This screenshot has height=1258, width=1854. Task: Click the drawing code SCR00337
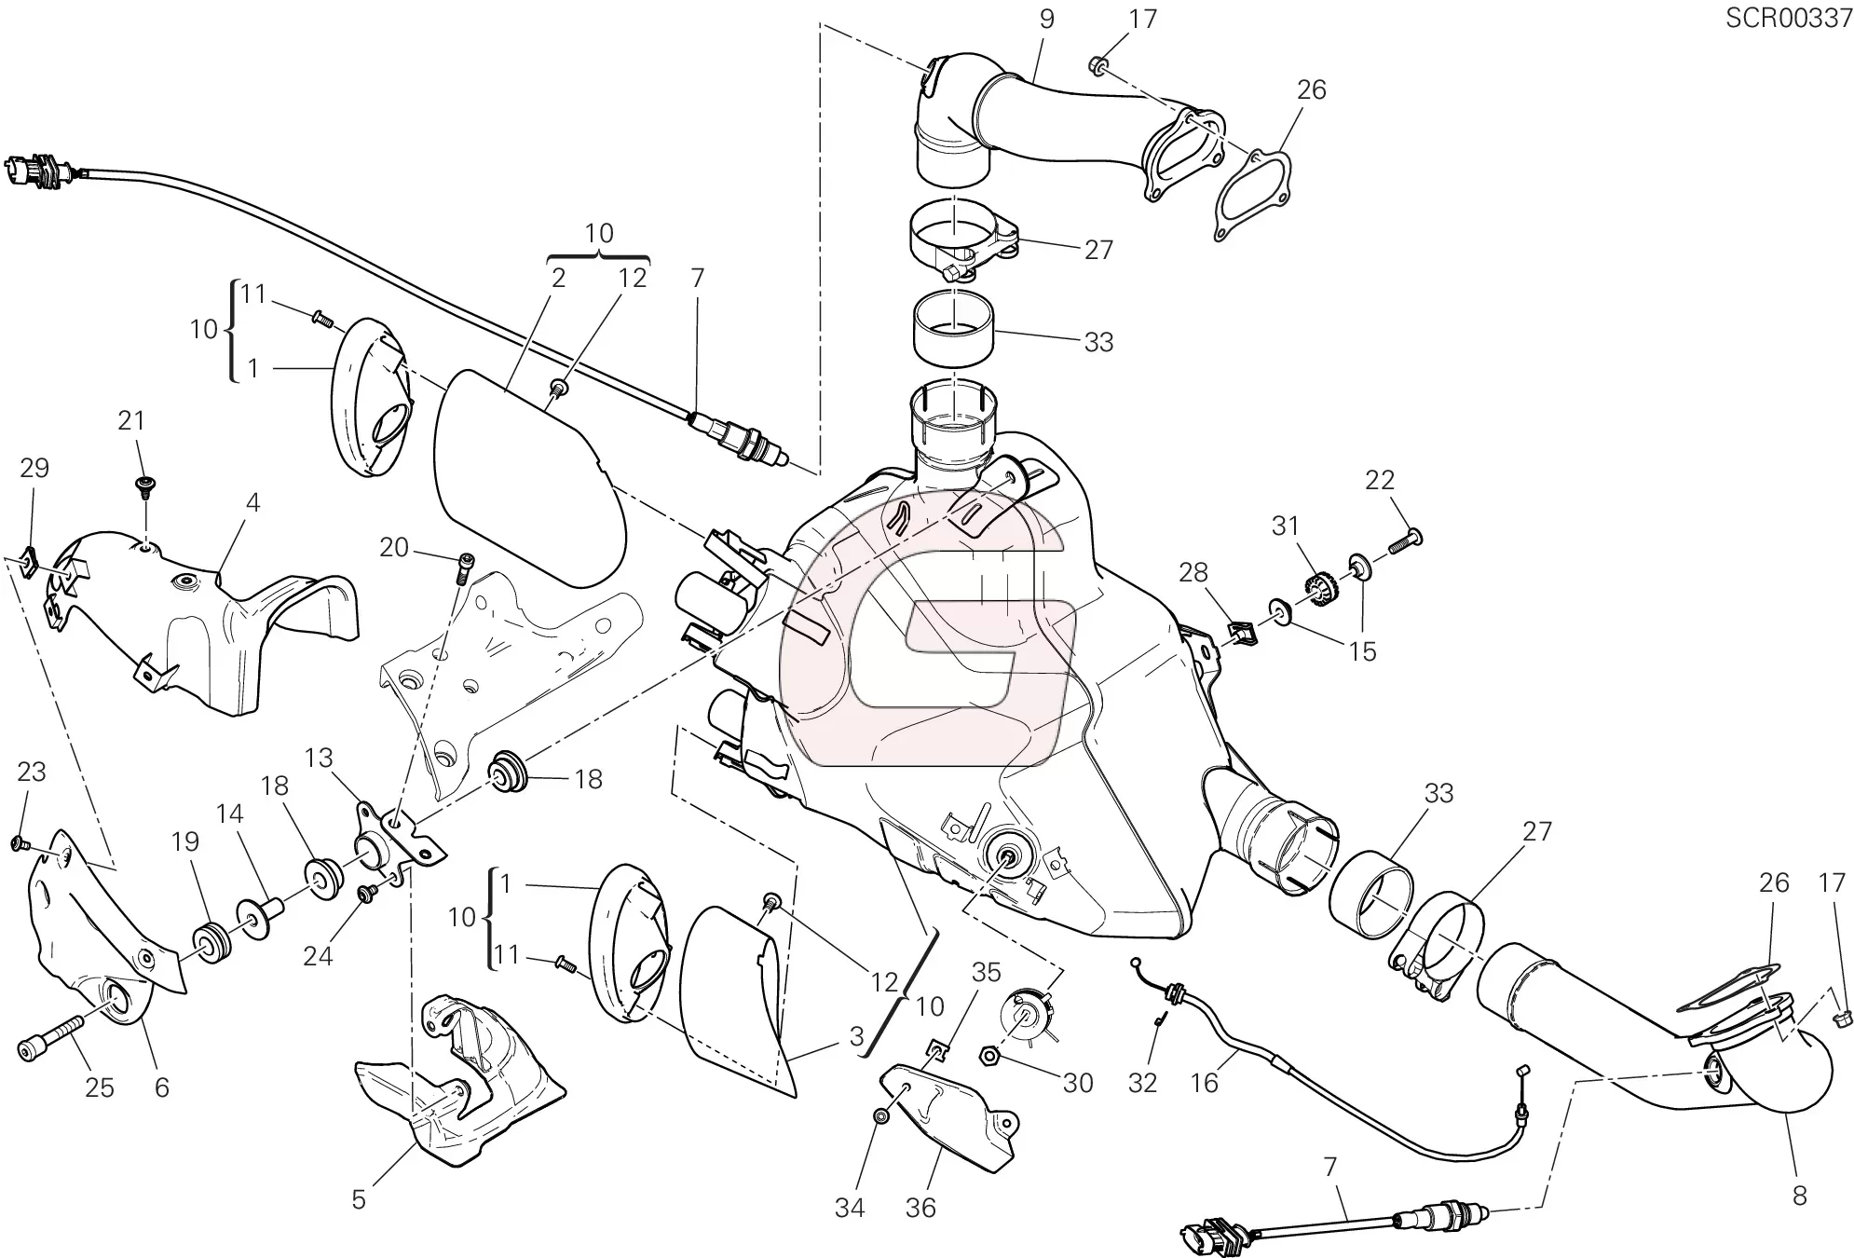coord(1789,19)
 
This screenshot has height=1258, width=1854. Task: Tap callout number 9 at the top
coord(1047,20)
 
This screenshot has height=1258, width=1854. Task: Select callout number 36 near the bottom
coord(920,1208)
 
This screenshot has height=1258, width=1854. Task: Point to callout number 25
coord(100,1087)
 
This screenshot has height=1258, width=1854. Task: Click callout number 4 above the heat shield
coord(252,503)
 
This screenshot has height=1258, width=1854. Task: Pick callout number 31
coord(1286,526)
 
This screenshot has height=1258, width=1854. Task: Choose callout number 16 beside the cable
coord(1205,1083)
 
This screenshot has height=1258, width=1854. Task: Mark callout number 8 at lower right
coord(1799,1196)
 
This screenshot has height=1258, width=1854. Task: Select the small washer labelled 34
coord(881,1115)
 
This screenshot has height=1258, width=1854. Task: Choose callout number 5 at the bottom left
coord(359,1199)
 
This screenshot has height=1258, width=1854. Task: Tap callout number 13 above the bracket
coord(319,758)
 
